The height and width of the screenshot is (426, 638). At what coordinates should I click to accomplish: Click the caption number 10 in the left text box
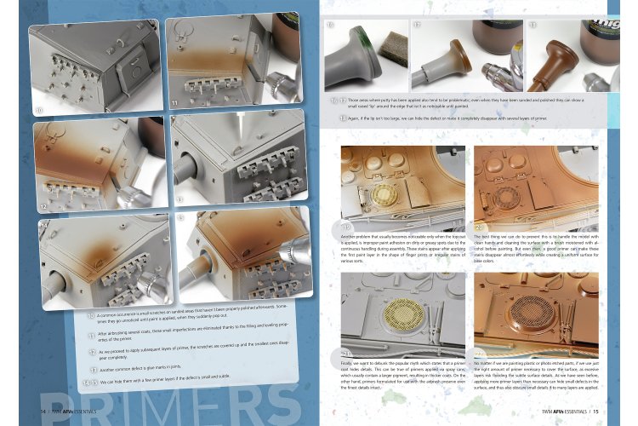[x=91, y=317]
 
